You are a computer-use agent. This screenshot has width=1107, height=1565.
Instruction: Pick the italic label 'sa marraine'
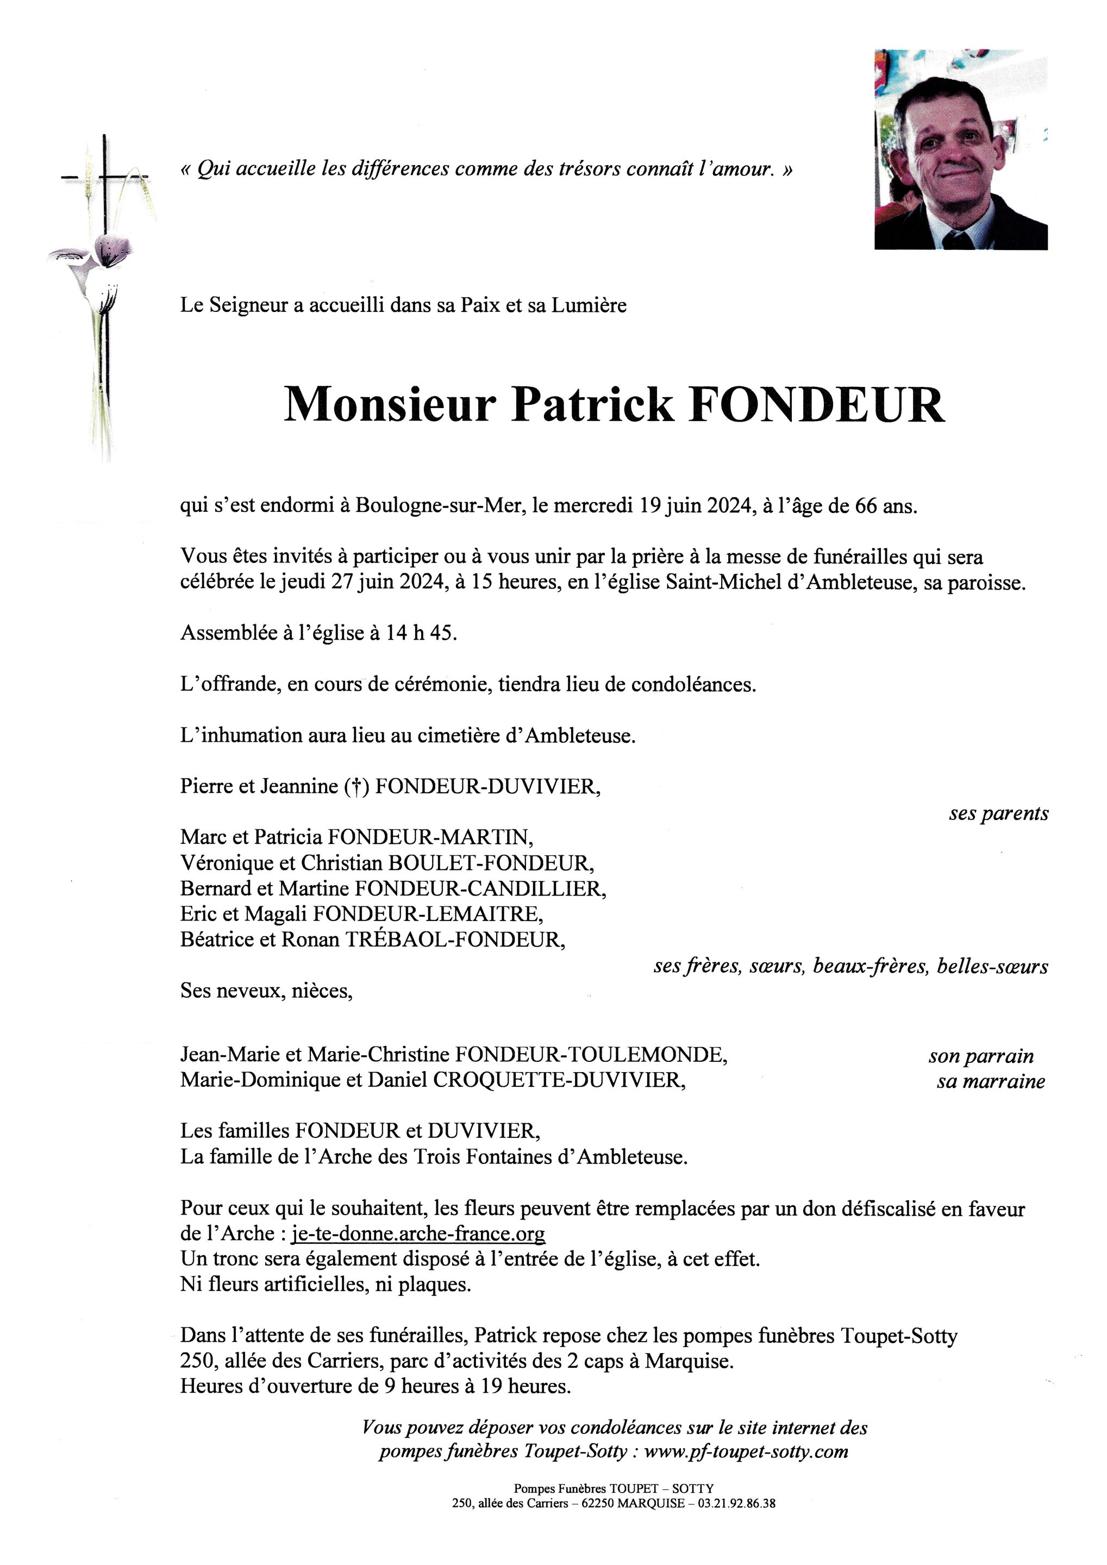pos(991,1082)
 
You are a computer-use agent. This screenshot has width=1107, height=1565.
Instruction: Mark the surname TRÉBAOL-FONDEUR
pos(456,940)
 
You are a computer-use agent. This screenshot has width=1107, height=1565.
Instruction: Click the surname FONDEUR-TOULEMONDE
pos(590,1055)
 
